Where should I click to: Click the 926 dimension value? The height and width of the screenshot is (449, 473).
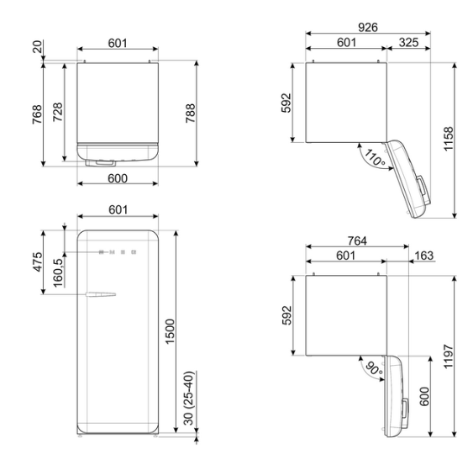[x=368, y=28]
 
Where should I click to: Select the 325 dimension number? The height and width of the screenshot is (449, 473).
[x=409, y=43]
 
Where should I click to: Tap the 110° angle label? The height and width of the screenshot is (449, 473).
[x=375, y=157]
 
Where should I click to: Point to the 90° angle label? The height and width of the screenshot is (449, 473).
[x=375, y=368]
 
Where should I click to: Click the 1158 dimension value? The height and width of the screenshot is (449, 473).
[x=449, y=139]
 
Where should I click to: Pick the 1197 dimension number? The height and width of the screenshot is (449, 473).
[x=449, y=357]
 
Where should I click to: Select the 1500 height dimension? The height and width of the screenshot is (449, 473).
[x=171, y=331]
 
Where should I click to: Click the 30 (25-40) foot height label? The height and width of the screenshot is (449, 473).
[x=188, y=398]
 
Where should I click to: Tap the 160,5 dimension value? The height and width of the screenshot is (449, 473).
[x=58, y=273]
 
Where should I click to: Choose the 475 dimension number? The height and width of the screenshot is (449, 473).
[x=38, y=262]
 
